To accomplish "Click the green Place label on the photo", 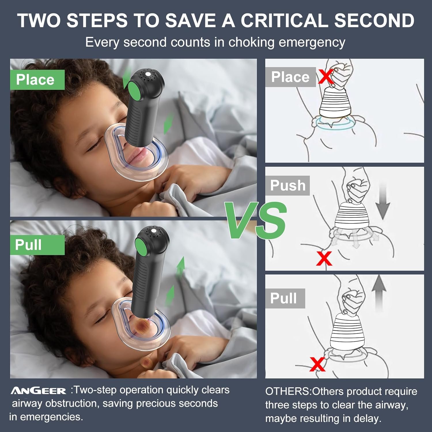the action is point(37,80).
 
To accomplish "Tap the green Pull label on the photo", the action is point(37,245).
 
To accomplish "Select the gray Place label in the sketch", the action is point(291,77).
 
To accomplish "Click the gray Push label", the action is point(287,185).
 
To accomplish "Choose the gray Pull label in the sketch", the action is point(285,298).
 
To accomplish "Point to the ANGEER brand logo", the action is point(38,391).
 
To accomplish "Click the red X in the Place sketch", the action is point(326,76).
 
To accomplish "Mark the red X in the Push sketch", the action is point(324,258).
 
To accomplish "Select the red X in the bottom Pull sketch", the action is point(317,364).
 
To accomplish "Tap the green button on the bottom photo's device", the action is point(141,246).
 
